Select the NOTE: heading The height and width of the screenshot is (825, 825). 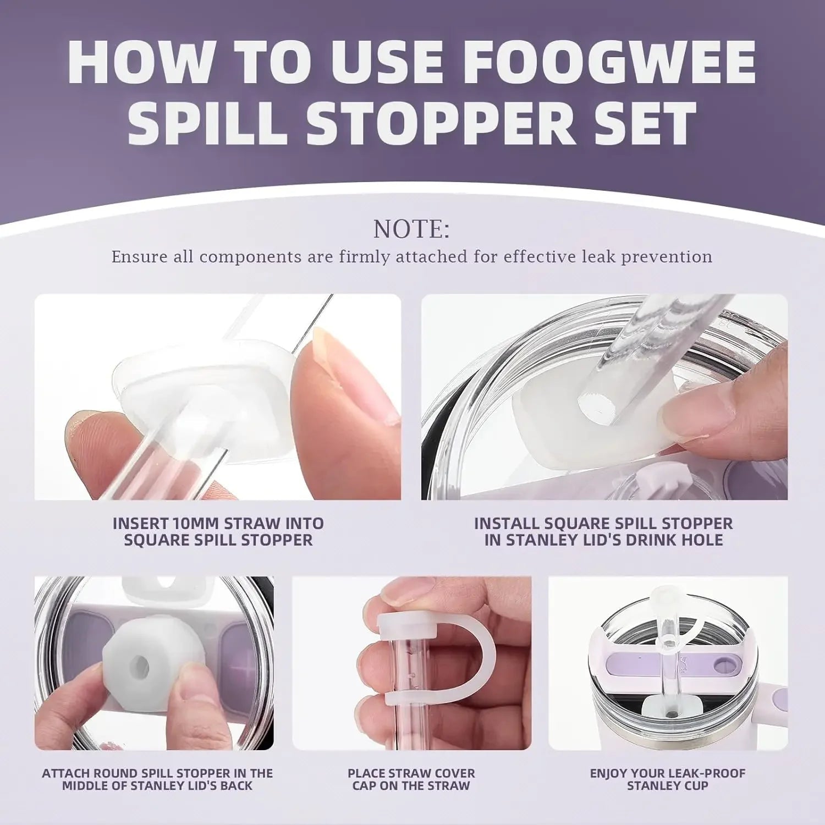(411, 229)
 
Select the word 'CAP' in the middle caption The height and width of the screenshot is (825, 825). (364, 785)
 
